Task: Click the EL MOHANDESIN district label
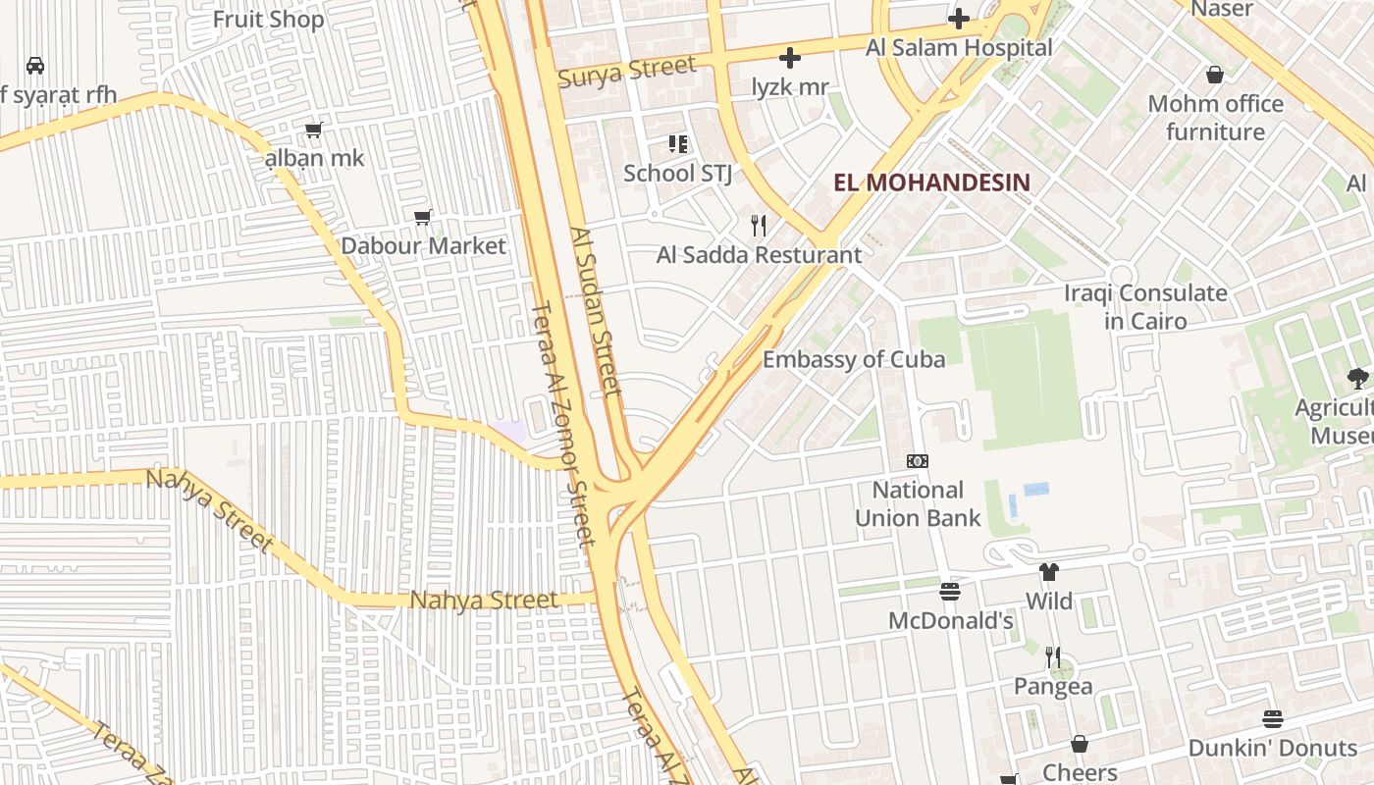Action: click(x=931, y=183)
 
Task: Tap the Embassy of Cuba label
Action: click(x=854, y=359)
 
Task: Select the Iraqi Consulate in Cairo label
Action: click(x=1144, y=306)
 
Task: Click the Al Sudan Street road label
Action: click(x=596, y=311)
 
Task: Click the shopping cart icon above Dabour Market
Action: click(x=423, y=217)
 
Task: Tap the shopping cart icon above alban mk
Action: click(x=314, y=130)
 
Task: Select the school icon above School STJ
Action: click(x=677, y=144)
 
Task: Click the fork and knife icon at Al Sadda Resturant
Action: click(x=758, y=226)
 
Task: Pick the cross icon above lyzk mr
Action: click(x=789, y=58)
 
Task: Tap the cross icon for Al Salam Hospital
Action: click(x=958, y=19)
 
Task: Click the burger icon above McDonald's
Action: click(x=949, y=592)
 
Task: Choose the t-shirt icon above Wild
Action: click(x=1048, y=572)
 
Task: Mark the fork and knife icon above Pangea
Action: click(x=1052, y=656)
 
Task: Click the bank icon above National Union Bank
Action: click(x=917, y=460)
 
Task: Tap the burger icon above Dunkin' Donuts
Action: click(x=1272, y=719)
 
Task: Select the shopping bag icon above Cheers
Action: click(x=1079, y=744)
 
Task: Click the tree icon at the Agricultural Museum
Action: click(x=1357, y=378)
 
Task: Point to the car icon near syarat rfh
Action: click(x=35, y=66)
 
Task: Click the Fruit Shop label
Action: click(x=268, y=19)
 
